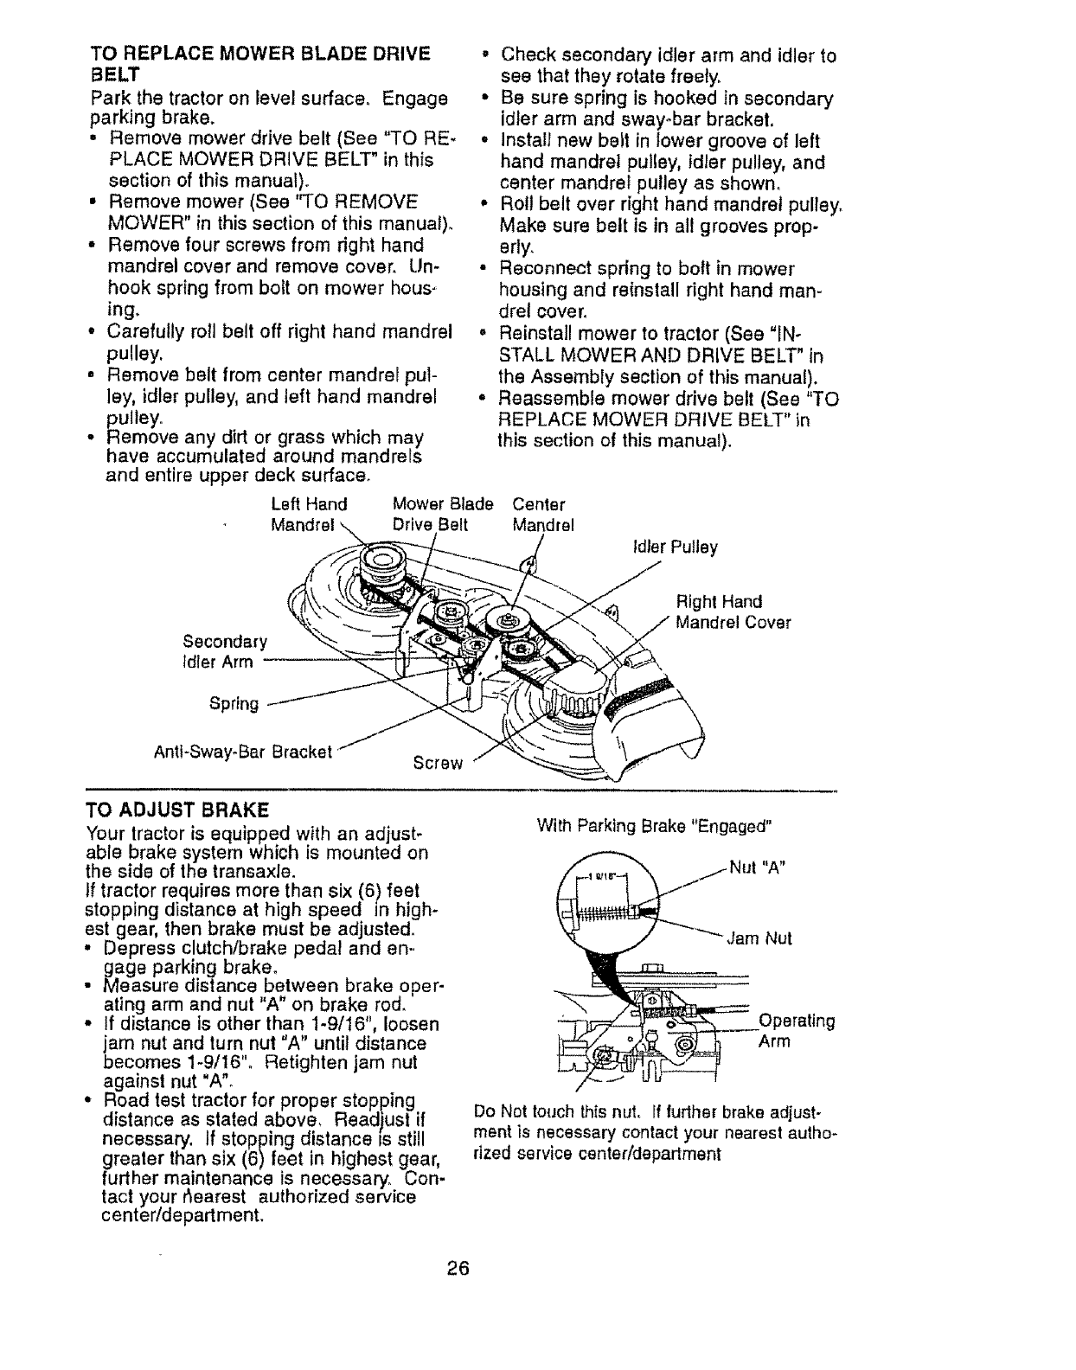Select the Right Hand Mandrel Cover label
[733, 611]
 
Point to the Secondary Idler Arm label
[225, 652]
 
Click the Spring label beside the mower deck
[234, 704]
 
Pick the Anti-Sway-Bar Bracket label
[242, 752]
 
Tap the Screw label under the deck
[439, 763]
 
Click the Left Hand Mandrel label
[308, 515]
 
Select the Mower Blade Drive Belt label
[442, 515]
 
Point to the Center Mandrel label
[541, 515]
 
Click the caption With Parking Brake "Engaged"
[652, 825]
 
